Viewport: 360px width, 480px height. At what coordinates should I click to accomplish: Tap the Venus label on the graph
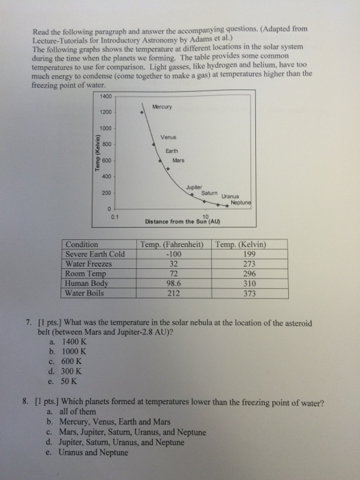pos(169,136)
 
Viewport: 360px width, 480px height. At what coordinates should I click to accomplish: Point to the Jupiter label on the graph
pos(193,187)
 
